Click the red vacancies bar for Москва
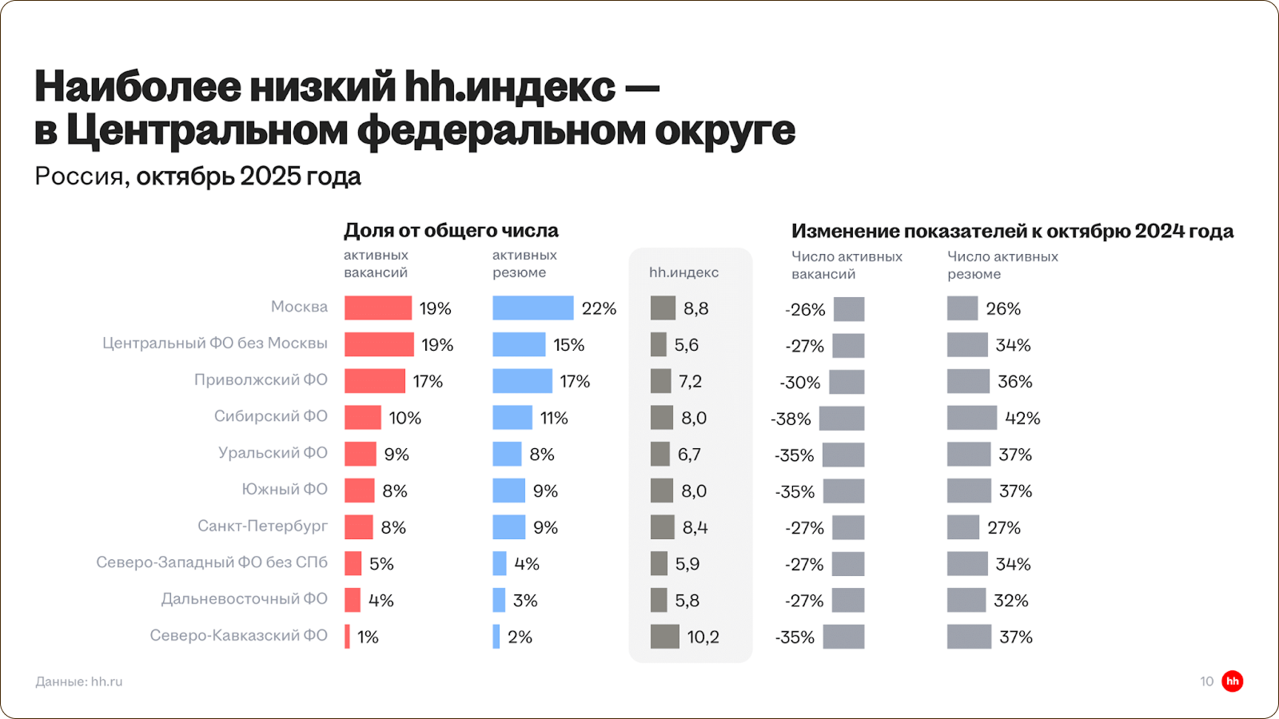point(377,308)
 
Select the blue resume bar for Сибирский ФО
point(512,418)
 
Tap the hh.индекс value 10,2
point(703,637)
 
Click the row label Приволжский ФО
point(261,379)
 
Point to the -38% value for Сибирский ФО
point(791,419)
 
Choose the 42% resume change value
point(1022,419)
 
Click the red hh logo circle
point(1233,681)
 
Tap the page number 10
point(1206,681)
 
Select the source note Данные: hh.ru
point(79,681)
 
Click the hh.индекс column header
point(683,272)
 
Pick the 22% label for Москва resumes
point(599,308)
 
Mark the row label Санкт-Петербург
point(262,526)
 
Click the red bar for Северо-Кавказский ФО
point(347,637)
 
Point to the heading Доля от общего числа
point(451,231)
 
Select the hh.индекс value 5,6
point(686,345)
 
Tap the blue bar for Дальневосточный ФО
point(499,600)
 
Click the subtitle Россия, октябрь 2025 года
point(197,176)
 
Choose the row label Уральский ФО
point(273,453)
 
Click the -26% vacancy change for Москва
point(805,309)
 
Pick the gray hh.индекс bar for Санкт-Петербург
point(662,527)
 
